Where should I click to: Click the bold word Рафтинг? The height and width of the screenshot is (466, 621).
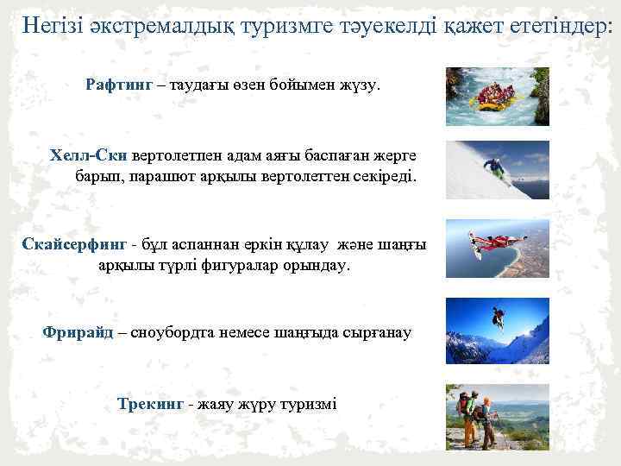119,85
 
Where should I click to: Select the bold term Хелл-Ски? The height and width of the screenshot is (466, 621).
89,155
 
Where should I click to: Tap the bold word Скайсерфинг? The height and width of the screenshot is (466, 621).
74,244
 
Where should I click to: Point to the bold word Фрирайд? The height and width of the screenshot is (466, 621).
78,332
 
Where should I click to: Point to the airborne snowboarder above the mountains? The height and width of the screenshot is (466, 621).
498,316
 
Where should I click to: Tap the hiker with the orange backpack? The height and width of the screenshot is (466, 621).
469,409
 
